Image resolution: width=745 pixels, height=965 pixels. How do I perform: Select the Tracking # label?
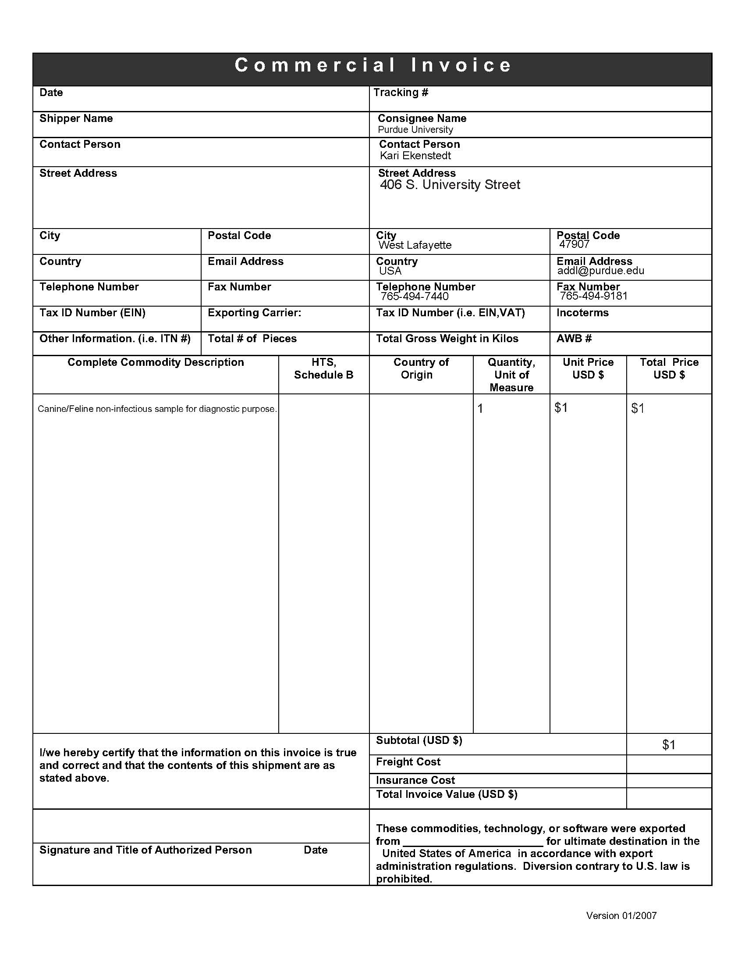tap(401, 93)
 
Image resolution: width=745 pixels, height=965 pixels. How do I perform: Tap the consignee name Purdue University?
tap(415, 129)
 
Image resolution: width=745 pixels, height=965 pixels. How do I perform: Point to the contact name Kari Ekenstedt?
tap(415, 156)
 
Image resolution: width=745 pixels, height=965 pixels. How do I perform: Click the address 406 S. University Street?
tap(450, 185)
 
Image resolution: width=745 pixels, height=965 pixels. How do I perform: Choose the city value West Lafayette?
tap(415, 245)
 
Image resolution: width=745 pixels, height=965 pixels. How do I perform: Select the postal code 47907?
tap(574, 244)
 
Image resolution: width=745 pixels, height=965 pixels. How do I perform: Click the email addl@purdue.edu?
tap(600, 271)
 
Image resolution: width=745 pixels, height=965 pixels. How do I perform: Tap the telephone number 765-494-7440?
tap(415, 297)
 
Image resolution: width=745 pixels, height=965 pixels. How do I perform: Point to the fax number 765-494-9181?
tap(593, 296)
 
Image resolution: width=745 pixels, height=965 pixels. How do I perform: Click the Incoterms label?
tap(582, 313)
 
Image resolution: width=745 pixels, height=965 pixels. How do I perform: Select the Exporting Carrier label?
tap(254, 313)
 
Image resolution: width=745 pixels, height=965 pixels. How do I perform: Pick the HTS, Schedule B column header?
tap(323, 368)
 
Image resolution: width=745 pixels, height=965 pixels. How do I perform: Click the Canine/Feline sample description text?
tap(157, 409)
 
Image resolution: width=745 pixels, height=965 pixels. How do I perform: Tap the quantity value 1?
tap(480, 408)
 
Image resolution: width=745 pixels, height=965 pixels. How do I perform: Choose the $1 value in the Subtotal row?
tap(668, 745)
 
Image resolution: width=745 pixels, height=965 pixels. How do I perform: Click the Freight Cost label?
tap(408, 762)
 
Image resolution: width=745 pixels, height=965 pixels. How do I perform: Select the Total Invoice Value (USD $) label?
tap(446, 794)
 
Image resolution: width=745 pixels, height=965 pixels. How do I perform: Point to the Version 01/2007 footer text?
tap(621, 915)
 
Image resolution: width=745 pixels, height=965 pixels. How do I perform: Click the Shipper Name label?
tap(76, 118)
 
